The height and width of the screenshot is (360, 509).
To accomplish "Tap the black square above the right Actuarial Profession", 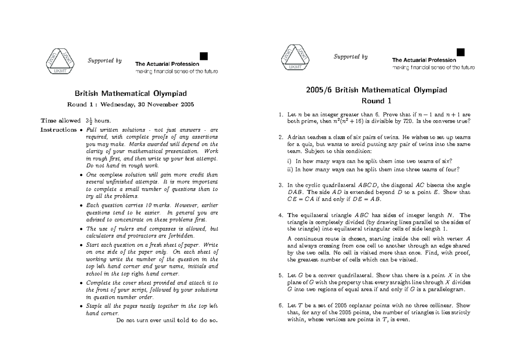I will coord(461,52).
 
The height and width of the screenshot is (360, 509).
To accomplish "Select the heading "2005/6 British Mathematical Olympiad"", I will coord(376,90).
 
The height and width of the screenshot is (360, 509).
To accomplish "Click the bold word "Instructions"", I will coord(59,129).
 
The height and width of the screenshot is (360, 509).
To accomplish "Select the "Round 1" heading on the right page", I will coord(376,101).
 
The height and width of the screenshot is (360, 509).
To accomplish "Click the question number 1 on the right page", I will coord(280,115).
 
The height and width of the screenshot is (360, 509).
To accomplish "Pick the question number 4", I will coord(280,215).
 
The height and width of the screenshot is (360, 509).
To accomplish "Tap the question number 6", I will coord(280,305).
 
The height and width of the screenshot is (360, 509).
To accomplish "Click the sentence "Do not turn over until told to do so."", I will coord(167,321).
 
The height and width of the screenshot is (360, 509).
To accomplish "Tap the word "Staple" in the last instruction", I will coord(94,305).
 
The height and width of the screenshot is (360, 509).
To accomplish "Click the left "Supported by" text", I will coord(104,61).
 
